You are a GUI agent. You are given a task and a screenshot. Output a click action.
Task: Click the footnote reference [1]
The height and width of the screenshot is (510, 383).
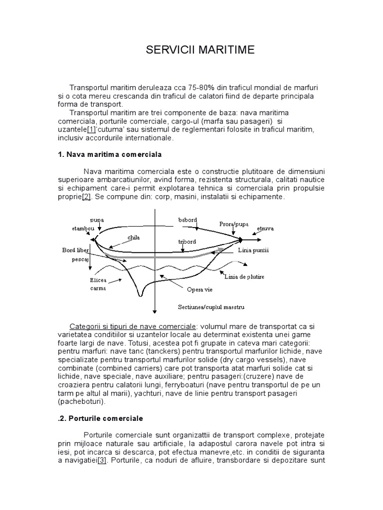point(92,129)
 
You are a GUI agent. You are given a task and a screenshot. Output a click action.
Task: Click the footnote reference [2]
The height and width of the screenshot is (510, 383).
point(86,197)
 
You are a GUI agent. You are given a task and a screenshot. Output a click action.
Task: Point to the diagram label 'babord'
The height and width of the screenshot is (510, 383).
point(188,220)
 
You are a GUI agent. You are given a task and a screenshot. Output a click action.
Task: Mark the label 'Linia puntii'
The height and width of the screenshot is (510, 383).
point(253,250)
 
